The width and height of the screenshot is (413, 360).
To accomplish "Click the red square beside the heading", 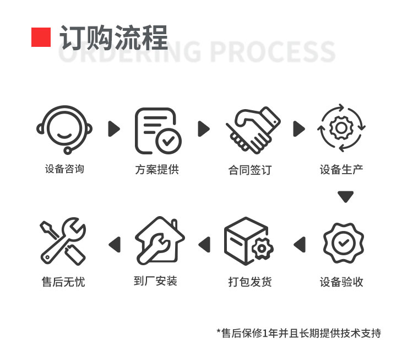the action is (x=41, y=37).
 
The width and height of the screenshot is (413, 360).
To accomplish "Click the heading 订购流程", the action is (x=113, y=37).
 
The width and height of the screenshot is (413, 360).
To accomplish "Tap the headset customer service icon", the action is (x=64, y=130).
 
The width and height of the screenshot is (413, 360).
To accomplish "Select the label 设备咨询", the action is (x=64, y=169).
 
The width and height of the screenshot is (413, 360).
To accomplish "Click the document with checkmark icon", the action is (x=158, y=131).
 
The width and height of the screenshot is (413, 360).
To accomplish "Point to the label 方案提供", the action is (x=157, y=170).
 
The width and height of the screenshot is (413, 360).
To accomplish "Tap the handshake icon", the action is (x=253, y=130).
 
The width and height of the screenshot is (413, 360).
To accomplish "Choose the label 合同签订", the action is (x=250, y=170).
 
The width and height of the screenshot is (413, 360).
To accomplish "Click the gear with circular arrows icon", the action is (x=341, y=128).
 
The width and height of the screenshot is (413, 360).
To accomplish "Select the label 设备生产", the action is (x=341, y=170).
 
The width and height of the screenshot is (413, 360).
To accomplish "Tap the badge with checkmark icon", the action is (x=344, y=243).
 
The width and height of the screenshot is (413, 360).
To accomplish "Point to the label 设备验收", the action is (x=341, y=282).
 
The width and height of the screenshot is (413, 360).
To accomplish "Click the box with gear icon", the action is (x=249, y=241).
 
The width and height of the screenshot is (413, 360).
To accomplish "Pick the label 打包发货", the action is (x=250, y=282).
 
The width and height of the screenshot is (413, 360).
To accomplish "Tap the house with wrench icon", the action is (x=160, y=240).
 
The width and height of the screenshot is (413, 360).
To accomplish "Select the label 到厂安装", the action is (x=155, y=281).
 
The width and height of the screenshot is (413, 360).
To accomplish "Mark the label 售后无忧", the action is (x=63, y=282).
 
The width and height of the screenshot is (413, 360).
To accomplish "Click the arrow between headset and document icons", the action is (x=114, y=128).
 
